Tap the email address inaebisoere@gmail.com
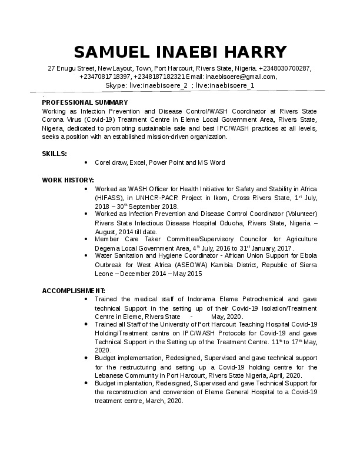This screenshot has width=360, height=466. pos(242,76)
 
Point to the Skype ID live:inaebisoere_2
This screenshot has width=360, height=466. pos(155,85)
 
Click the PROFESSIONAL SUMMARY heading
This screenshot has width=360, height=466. pos(85,102)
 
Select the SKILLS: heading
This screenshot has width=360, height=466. pos(54,154)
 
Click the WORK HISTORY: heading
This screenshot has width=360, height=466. pos(68,179)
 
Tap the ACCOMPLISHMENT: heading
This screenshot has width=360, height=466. pos(74,291)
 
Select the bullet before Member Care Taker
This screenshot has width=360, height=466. pos(87,239)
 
